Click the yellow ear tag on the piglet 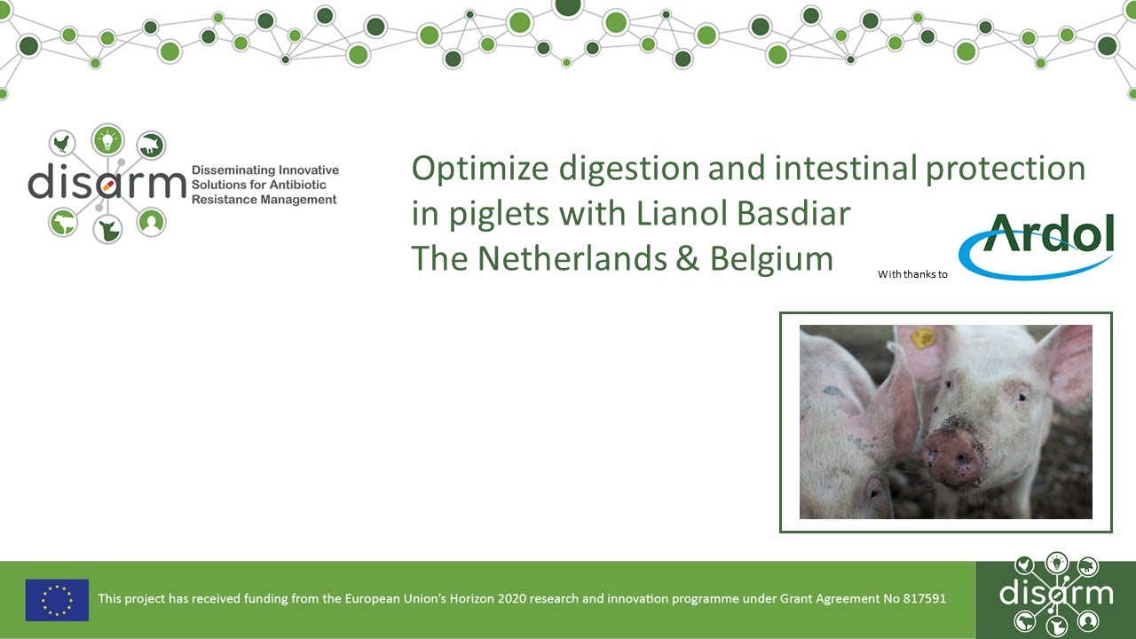point(923,337)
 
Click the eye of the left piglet point(875,486)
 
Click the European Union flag point(57,599)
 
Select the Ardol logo point(1037,244)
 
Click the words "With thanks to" point(912,274)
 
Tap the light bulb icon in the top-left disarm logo point(107,139)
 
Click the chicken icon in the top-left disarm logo point(62,143)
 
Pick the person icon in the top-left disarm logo point(152,222)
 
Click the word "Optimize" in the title point(469,169)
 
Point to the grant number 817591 point(924,599)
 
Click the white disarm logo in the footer point(1055,593)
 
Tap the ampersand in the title point(688,258)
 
